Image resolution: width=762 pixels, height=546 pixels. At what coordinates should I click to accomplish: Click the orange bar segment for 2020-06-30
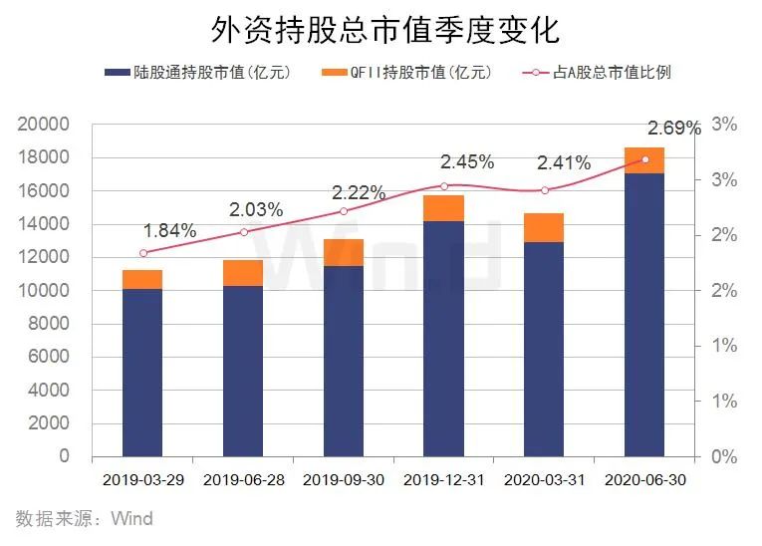click(x=643, y=160)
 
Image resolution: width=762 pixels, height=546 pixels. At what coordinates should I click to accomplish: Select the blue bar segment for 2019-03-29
click(x=142, y=373)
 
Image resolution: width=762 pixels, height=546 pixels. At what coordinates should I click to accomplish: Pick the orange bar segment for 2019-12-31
click(x=443, y=208)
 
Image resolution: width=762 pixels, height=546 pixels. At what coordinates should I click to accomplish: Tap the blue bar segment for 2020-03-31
click(x=544, y=349)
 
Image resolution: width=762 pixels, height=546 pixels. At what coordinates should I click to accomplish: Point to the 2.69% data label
click(x=674, y=128)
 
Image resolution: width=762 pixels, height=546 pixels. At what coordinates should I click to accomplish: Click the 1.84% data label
click(x=169, y=231)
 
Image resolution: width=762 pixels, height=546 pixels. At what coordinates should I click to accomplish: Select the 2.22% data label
click(x=358, y=193)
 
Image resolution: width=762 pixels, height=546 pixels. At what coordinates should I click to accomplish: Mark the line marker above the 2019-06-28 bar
click(x=243, y=232)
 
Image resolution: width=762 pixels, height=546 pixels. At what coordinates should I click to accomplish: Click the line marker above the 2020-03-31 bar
click(x=545, y=190)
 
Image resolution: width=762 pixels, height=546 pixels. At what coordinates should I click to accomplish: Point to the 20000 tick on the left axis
click(x=43, y=125)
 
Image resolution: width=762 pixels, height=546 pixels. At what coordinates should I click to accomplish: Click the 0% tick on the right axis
click(x=723, y=457)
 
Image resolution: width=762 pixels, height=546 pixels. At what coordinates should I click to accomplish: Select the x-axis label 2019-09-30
click(x=343, y=480)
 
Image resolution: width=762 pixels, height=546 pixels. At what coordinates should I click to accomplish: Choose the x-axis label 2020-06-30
click(x=644, y=480)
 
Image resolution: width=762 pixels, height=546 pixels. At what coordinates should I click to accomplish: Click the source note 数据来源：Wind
click(x=84, y=519)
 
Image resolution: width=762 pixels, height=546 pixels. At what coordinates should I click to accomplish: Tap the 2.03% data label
click(x=256, y=210)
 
